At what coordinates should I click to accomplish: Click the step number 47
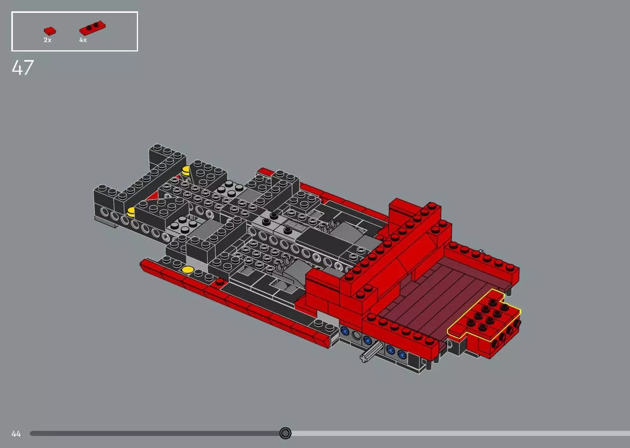pyautogui.click(x=23, y=68)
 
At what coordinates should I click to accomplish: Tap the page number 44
pyautogui.click(x=16, y=434)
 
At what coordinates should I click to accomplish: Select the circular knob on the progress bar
pyautogui.click(x=285, y=433)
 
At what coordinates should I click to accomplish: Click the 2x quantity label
pyautogui.click(x=48, y=40)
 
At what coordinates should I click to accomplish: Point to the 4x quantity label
pyautogui.click(x=83, y=40)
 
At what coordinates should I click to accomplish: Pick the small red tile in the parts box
pyautogui.click(x=50, y=31)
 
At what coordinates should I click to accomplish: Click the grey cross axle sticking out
pyautogui.click(x=370, y=352)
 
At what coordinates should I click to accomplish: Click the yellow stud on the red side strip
pyautogui.click(x=188, y=269)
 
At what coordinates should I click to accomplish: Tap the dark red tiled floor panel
pyautogui.click(x=437, y=296)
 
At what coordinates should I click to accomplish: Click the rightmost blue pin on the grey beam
pyautogui.click(x=402, y=354)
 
